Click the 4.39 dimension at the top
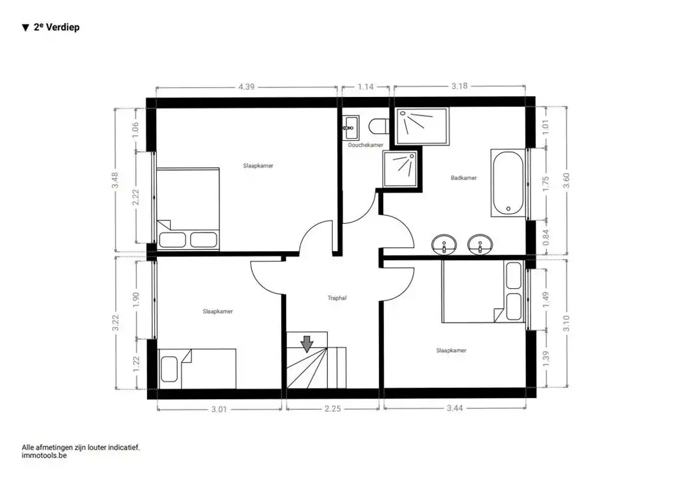[247, 86]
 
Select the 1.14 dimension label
[366, 86]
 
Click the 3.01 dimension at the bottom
[219, 409]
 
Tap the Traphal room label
[337, 298]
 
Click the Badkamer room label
[464, 178]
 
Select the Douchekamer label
[365, 145]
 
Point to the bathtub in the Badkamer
[509, 183]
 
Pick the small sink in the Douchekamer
[351, 125]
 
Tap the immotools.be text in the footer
[45, 456]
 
